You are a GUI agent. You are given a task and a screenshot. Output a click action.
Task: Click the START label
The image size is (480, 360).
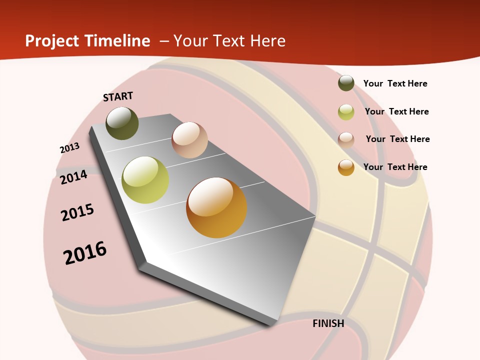point(118,96)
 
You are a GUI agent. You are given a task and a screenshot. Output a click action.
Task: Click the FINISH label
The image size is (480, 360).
point(328,323)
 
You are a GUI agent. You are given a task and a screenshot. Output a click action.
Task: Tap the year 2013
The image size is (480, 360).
point(69,148)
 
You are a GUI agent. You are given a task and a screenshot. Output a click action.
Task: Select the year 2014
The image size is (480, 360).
point(73,177)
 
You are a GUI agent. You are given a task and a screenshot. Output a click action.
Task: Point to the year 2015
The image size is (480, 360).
point(77,212)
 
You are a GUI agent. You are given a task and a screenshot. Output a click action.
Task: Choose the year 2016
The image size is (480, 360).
point(85,253)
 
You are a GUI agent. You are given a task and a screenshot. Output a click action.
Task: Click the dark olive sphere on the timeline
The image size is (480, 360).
point(122,123)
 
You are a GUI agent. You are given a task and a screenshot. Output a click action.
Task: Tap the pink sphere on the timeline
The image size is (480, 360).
point(189,140)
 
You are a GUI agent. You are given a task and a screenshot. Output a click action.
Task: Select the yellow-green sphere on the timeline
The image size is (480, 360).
point(145,180)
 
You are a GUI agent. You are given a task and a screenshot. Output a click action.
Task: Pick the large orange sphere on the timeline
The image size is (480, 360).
point(216,207)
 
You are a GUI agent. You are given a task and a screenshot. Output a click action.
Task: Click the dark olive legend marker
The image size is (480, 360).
point(346,83)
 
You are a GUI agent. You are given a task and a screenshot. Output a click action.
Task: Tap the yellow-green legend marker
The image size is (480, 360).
point(346,112)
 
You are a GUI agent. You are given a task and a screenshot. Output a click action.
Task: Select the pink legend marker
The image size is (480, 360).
point(346,139)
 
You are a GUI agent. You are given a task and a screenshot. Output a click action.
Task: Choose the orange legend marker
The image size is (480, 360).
point(346,167)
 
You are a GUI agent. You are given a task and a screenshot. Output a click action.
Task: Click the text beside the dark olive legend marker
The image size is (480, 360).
point(395,83)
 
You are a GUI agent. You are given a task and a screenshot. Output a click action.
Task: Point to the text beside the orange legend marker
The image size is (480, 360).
point(395,167)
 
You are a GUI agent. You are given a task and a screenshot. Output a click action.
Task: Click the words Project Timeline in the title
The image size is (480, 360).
point(87,41)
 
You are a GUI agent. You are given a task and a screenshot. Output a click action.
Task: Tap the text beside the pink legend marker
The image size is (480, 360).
point(397,139)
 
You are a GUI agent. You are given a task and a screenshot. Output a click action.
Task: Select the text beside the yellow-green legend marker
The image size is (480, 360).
point(396,111)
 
